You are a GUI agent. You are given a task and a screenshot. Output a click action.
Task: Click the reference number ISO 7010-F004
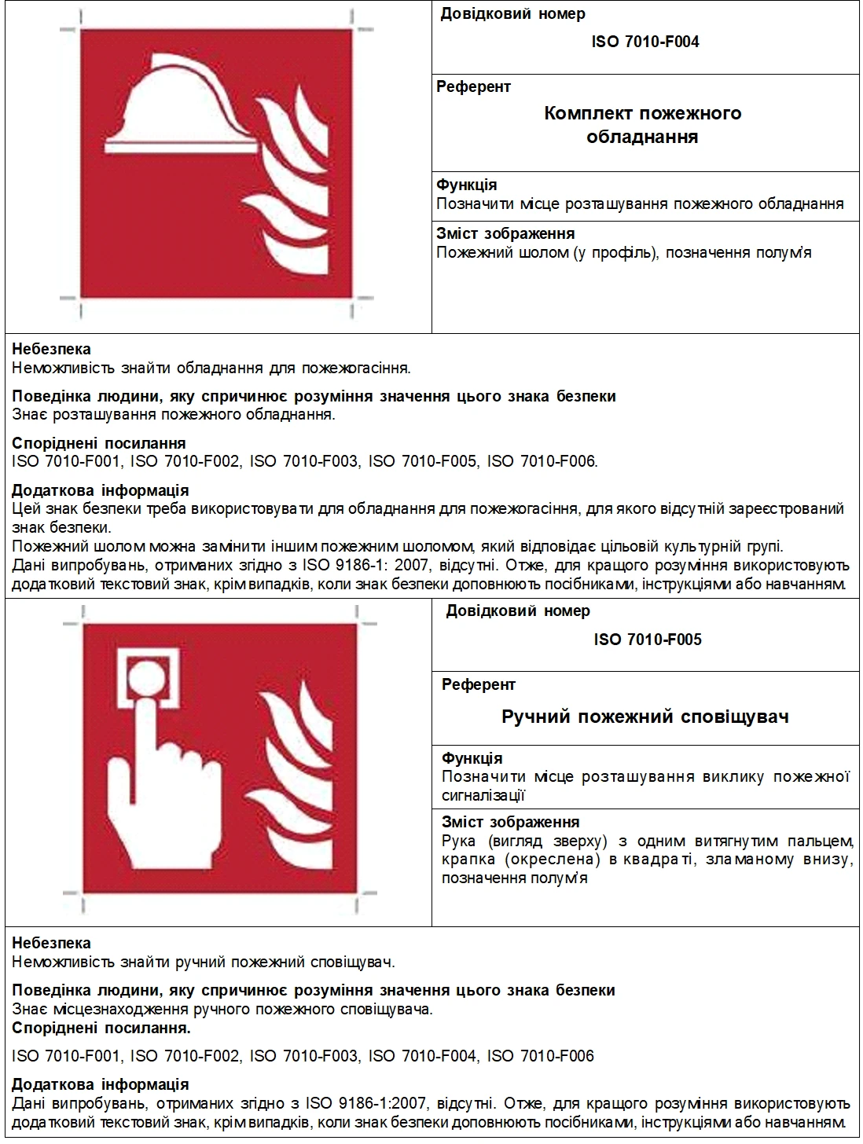(644, 42)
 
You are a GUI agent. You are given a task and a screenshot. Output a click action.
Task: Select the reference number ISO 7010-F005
(647, 640)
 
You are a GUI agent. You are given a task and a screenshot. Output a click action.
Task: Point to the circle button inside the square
(145, 675)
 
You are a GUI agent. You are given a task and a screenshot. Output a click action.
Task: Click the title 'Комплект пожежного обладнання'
(643, 125)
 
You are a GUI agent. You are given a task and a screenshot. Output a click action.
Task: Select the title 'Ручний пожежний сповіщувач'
(644, 717)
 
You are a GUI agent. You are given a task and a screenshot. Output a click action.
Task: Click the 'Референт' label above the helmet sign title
(473, 87)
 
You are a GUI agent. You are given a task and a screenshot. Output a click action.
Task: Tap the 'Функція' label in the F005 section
(472, 758)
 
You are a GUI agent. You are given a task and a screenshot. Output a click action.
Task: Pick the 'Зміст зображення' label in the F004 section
(505, 233)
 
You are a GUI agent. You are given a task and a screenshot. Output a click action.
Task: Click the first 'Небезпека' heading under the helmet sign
(51, 349)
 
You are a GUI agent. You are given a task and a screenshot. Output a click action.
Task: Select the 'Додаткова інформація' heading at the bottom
(100, 1084)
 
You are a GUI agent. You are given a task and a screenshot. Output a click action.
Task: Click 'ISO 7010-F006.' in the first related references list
(542, 461)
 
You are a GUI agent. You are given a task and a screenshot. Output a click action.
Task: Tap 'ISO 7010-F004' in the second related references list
(422, 1056)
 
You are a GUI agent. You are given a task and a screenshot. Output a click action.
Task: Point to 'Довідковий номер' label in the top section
(512, 14)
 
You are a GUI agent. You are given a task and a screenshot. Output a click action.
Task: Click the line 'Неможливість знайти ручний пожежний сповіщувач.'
(203, 962)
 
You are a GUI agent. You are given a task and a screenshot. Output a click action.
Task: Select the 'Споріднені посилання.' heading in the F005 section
(101, 1028)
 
